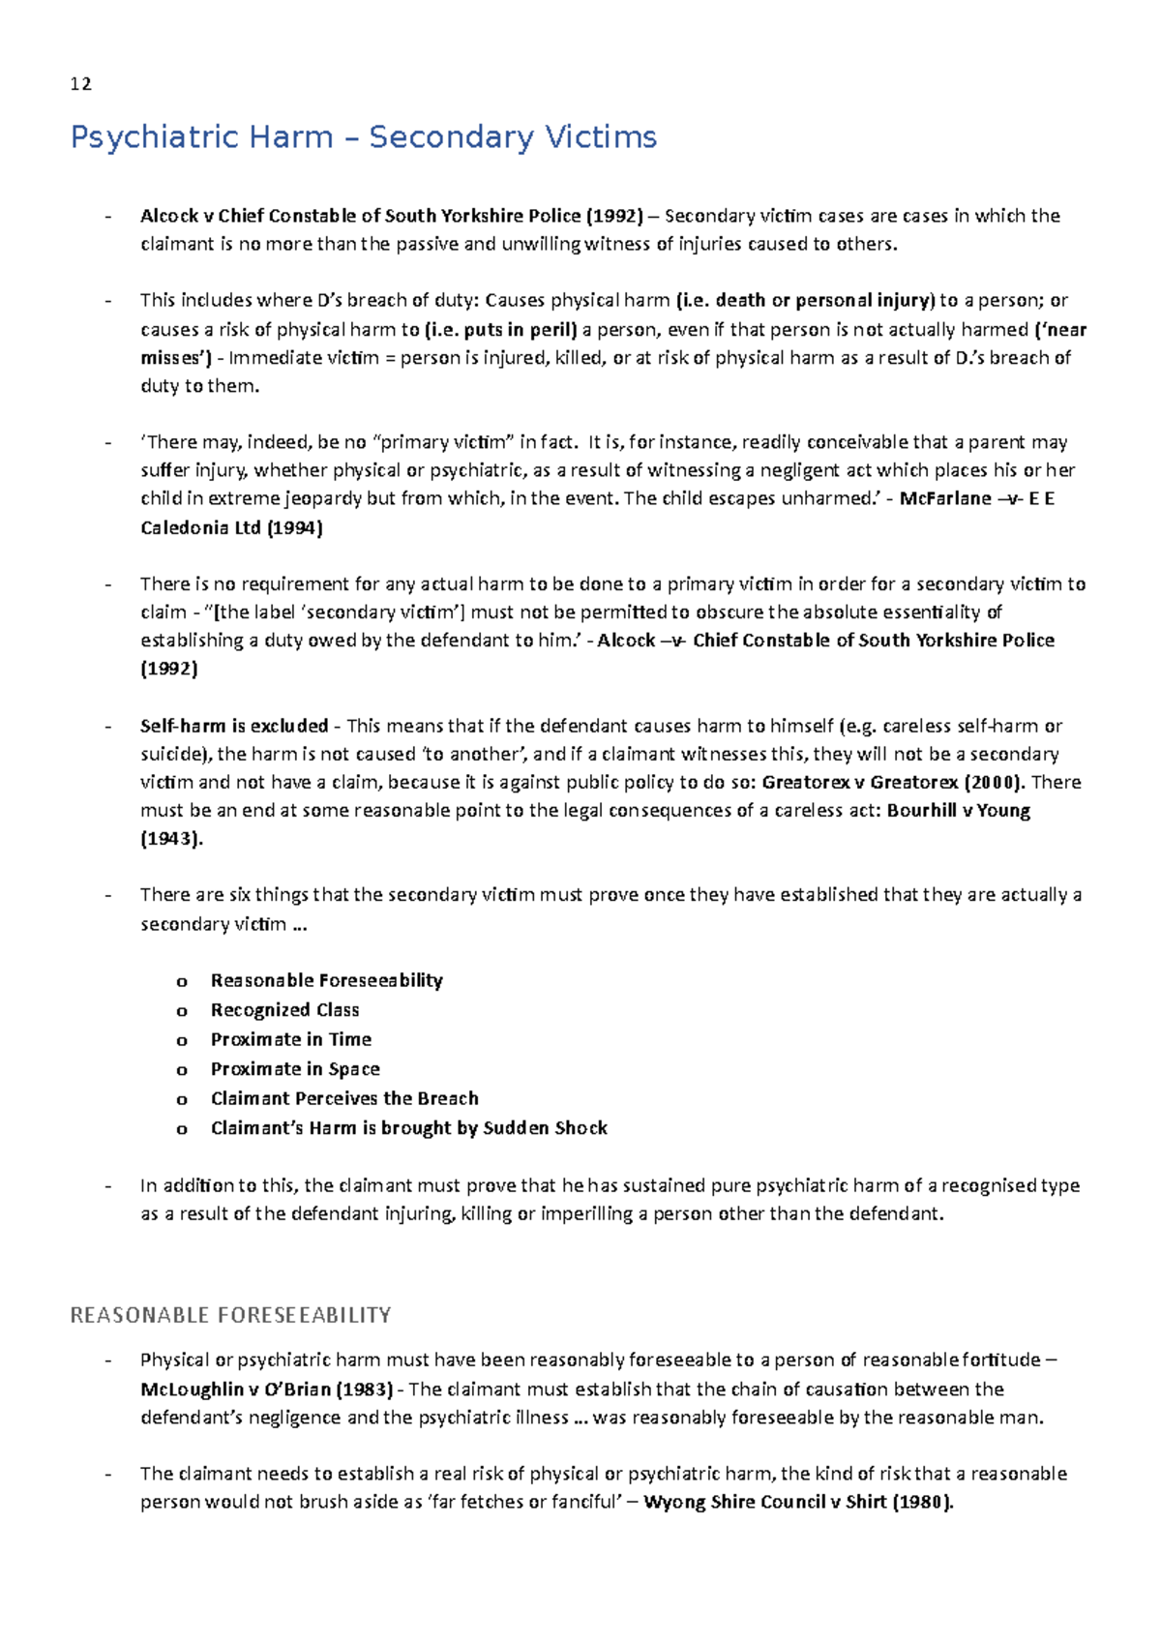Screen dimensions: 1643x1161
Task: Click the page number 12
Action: click(81, 84)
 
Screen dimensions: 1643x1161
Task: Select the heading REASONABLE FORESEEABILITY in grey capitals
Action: click(230, 1315)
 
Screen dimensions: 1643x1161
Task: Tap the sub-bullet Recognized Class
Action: click(284, 1010)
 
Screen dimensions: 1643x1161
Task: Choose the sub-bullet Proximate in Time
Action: click(290, 1039)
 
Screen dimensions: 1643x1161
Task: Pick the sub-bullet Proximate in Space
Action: click(295, 1069)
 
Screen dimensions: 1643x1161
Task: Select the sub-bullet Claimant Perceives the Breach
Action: click(344, 1098)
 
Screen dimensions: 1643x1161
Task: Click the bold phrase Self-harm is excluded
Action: click(234, 726)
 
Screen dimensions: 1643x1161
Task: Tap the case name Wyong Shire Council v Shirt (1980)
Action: click(798, 1503)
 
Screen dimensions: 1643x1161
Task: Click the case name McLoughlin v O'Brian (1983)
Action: click(266, 1389)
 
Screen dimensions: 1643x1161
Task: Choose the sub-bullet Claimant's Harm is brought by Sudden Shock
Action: click(408, 1128)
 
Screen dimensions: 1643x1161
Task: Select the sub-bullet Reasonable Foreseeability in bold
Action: click(326, 980)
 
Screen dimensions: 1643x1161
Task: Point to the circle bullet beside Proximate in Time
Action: click(181, 1041)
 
